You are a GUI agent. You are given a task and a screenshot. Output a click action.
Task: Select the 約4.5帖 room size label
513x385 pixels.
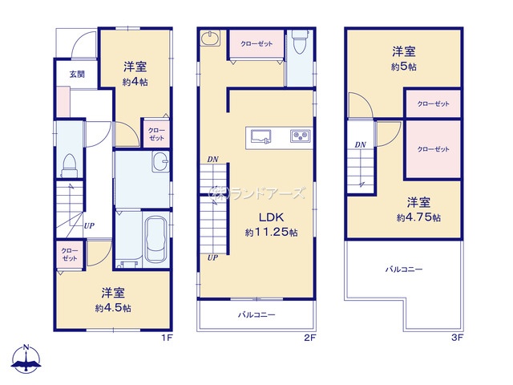click(x=112, y=307)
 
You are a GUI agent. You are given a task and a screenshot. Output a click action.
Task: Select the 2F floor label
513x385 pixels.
click(x=309, y=338)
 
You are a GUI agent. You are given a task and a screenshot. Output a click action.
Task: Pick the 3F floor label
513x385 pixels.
click(x=457, y=338)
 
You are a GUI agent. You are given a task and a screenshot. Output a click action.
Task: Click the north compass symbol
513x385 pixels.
click(x=27, y=359)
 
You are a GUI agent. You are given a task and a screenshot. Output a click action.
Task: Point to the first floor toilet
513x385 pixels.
click(x=70, y=163)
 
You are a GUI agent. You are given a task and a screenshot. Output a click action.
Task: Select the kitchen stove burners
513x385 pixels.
click(x=300, y=136)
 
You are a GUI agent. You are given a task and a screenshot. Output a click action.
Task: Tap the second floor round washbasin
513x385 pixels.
click(x=212, y=38)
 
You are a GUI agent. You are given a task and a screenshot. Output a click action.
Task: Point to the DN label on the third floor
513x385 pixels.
click(x=361, y=145)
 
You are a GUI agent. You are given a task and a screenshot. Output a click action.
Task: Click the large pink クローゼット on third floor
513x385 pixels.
click(x=432, y=149)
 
